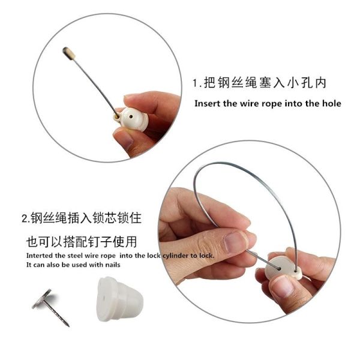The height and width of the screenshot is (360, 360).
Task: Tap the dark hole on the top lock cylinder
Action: point(131,116)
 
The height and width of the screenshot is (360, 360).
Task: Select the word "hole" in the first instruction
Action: point(332,103)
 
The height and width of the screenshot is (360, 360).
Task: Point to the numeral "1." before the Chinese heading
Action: point(197,83)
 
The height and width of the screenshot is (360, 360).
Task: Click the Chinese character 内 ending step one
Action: point(320,83)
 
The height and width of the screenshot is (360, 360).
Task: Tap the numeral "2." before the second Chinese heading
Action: point(26,218)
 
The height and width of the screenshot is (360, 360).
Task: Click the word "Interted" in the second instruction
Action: point(40,256)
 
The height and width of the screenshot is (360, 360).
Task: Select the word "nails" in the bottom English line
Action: point(113,265)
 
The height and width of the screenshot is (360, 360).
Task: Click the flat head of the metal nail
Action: point(41,299)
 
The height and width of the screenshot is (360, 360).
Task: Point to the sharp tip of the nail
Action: point(68,325)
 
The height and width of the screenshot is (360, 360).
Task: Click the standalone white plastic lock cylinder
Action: point(119,299)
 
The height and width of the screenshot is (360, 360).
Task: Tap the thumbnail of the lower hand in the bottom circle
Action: point(283,286)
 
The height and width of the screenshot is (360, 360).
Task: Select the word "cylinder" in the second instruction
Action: point(175,256)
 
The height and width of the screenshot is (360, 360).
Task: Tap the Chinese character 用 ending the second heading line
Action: point(131,242)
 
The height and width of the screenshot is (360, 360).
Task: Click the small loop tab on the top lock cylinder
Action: point(117,118)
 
